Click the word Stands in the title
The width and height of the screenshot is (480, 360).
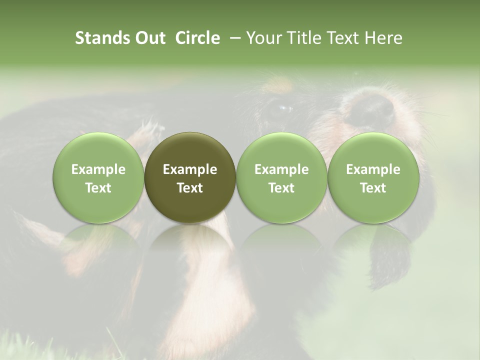click(x=102, y=38)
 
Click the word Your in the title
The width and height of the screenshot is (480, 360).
click(x=263, y=38)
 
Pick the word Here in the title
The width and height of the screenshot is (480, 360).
click(x=384, y=38)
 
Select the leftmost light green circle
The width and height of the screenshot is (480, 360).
click(x=98, y=177)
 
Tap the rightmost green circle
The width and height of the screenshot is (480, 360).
click(x=373, y=177)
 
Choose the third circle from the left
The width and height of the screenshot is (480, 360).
click(x=281, y=177)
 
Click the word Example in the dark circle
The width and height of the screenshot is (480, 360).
click(x=190, y=169)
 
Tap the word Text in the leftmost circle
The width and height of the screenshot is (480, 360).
click(x=98, y=188)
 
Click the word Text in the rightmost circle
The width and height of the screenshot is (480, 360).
click(x=373, y=188)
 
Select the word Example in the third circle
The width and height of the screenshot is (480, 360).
click(x=281, y=169)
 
